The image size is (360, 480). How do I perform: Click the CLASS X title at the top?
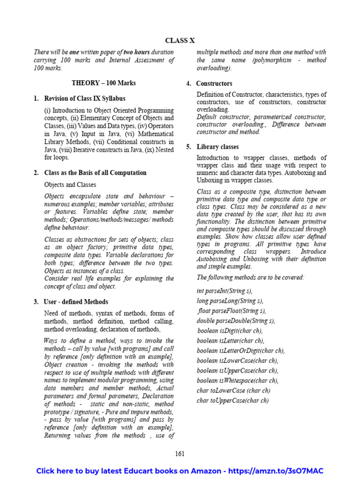pos(180,41)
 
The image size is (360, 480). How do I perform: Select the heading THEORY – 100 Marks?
pos(104,83)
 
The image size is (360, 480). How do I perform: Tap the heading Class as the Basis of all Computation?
pos(95,173)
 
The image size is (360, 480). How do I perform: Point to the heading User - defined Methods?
pos(76,302)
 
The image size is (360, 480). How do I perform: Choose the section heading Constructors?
pos(214,83)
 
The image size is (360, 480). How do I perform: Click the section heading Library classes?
pos(217,147)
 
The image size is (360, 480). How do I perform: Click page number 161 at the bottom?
pos(180,453)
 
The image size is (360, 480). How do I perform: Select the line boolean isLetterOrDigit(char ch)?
pos(240,351)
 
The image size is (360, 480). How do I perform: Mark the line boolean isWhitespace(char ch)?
pos(238,381)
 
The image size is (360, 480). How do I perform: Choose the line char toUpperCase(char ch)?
pos(232,400)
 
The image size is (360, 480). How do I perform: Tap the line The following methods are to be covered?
pos(250,277)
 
